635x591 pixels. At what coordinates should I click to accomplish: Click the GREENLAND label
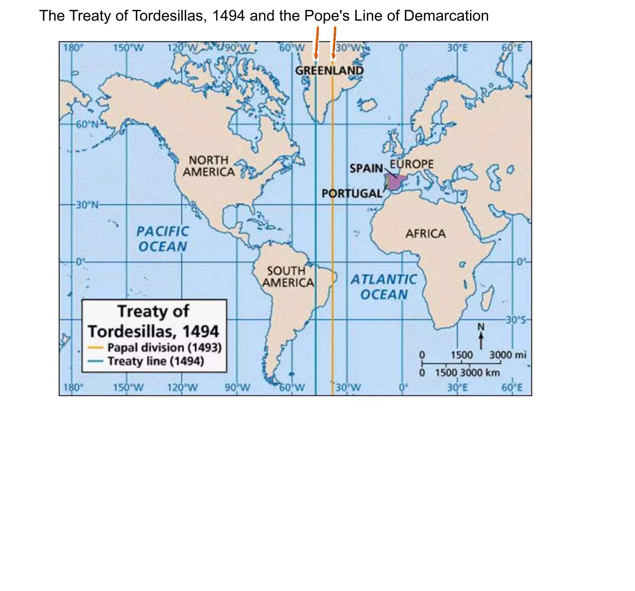pos(329,71)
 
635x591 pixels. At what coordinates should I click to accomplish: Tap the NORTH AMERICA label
pos(209,166)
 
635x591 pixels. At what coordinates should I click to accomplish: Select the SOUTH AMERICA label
pos(287,277)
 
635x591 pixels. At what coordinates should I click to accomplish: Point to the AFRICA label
pos(425,234)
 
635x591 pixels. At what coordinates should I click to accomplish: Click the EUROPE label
pos(412,164)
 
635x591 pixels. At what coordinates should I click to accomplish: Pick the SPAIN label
pos(366,168)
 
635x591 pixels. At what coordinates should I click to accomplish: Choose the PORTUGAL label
pos(352,193)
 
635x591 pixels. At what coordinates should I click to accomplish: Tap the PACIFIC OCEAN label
pos(162,239)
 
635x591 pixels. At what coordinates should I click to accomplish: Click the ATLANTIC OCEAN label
pos(384,287)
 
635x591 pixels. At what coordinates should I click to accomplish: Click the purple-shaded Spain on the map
pos(396,182)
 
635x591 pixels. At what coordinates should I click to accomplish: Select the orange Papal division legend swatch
pos(95,347)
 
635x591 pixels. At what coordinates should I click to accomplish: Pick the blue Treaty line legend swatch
pos(95,361)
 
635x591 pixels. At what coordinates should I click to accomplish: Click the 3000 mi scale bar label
pos(508,355)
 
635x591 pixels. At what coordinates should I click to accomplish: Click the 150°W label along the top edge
pos(128,48)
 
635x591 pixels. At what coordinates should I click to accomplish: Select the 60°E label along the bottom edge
pos(512,387)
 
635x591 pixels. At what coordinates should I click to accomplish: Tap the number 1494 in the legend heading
pos(201,331)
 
